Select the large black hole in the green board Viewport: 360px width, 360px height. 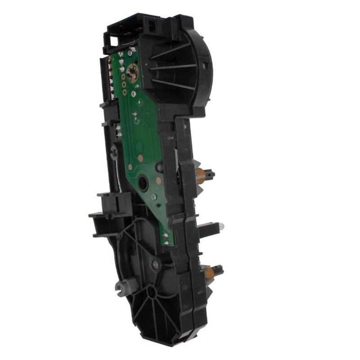click(143, 183)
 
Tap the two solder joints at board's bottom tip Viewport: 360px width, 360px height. click(166, 238)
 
